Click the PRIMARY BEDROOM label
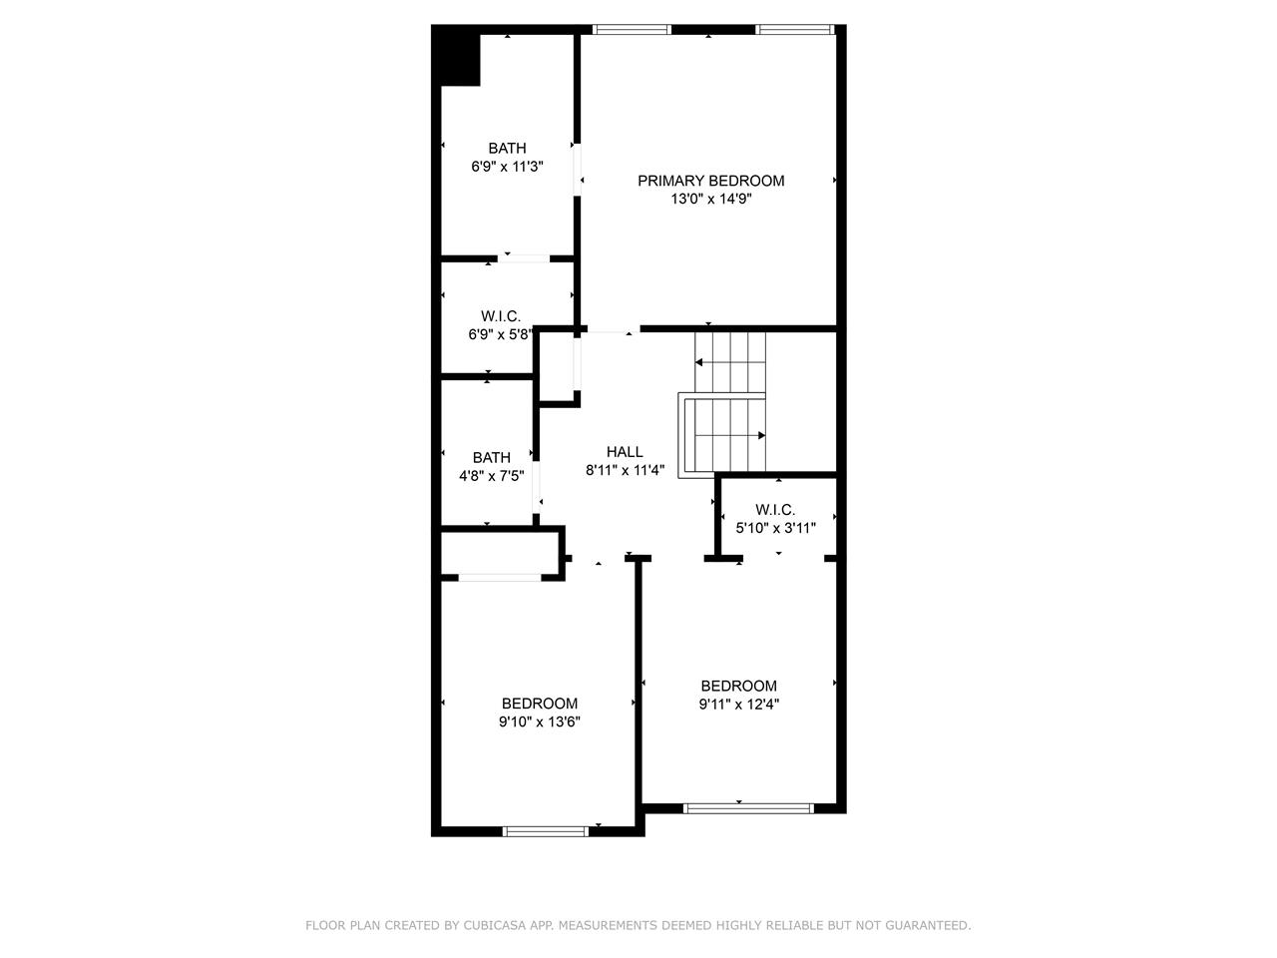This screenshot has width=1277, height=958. [x=710, y=181]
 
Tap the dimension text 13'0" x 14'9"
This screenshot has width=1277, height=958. [x=711, y=199]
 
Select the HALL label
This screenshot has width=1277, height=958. [x=625, y=452]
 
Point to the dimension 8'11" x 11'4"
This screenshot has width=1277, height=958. [x=625, y=470]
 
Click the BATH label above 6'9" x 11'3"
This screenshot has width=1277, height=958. [x=507, y=149]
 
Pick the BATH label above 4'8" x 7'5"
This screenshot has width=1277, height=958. [x=492, y=458]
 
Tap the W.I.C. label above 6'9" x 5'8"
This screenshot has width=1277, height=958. [x=501, y=316]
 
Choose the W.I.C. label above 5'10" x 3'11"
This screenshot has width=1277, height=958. [x=775, y=510]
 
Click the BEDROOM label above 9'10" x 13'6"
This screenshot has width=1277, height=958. [x=540, y=704]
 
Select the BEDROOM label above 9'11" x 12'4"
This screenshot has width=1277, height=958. [x=739, y=687]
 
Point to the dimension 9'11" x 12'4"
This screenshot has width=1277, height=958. [x=739, y=705]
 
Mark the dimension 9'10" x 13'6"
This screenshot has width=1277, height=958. [x=540, y=721]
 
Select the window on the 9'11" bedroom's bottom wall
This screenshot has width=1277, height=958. [x=748, y=808]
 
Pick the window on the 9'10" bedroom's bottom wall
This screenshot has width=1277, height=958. [x=546, y=832]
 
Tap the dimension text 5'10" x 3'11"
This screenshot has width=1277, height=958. [x=775, y=528]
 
